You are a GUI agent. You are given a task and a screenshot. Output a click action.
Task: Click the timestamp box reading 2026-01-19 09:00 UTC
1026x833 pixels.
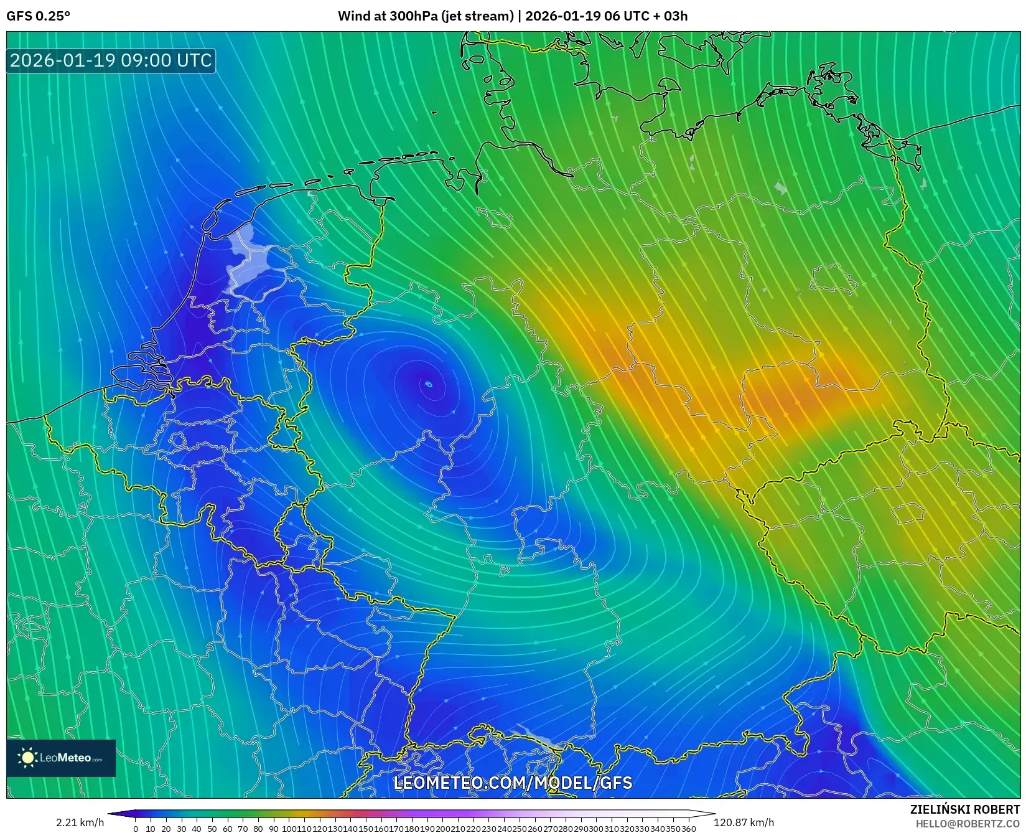pyautogui.click(x=111, y=60)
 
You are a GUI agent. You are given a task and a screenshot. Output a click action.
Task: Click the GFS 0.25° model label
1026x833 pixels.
pyautogui.click(x=39, y=16)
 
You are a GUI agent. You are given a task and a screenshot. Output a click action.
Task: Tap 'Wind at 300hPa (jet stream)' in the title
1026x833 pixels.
pyautogui.click(x=426, y=16)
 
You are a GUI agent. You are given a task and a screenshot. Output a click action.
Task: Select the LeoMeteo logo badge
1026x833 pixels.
pyautogui.click(x=61, y=758)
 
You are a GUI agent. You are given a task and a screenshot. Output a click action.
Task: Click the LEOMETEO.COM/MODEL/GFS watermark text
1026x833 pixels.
pyautogui.click(x=513, y=783)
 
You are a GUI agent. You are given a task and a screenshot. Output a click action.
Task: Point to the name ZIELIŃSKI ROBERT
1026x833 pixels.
pyautogui.click(x=965, y=810)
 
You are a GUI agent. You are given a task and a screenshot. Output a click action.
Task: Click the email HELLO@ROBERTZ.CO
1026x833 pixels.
pyautogui.click(x=968, y=824)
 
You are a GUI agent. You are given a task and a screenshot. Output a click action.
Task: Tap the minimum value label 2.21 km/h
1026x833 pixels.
pyautogui.click(x=80, y=822)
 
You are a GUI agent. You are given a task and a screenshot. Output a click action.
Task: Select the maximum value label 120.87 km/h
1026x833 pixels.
pyautogui.click(x=744, y=822)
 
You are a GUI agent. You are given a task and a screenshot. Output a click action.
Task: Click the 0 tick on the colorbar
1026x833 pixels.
pyautogui.click(x=136, y=829)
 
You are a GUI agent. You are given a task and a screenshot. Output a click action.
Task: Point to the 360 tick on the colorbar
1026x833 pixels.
pyautogui.click(x=689, y=829)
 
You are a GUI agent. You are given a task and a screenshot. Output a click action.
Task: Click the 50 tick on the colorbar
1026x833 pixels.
pyautogui.click(x=212, y=829)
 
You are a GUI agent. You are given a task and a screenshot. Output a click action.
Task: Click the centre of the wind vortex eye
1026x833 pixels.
pyautogui.click(x=428, y=384)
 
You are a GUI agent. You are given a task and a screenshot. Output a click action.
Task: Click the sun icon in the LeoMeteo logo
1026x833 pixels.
pyautogui.click(x=27, y=758)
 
